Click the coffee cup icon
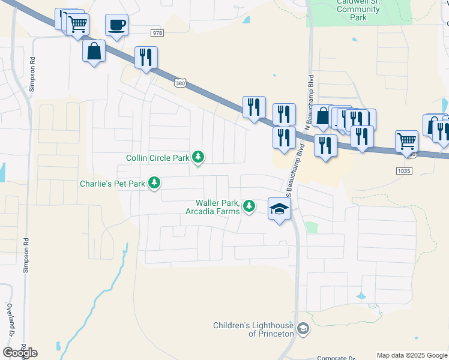(116, 25)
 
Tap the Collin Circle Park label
(158, 158)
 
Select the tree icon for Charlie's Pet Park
(155, 182)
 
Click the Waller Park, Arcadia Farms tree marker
(249, 206)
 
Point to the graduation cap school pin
(279, 209)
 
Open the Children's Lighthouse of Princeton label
(254, 329)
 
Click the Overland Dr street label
(10, 319)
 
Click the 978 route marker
(157, 33)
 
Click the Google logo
(20, 353)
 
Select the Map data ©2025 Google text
(412, 355)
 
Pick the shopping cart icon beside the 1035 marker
(406, 142)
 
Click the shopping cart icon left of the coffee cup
(77, 25)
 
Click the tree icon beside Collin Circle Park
(198, 158)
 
